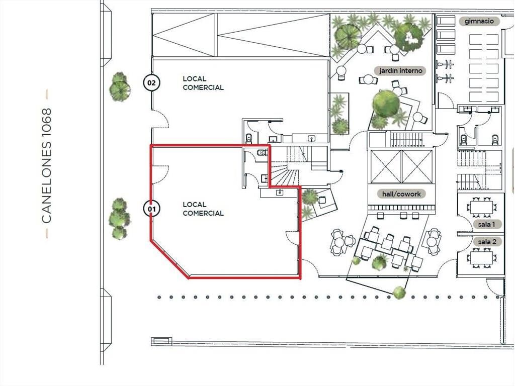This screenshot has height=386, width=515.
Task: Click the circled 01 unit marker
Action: click(x=151, y=209)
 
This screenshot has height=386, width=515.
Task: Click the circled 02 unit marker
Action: click(x=151, y=82)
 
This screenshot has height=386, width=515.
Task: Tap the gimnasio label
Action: click(x=479, y=21)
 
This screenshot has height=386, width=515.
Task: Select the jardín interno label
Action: click(x=401, y=70)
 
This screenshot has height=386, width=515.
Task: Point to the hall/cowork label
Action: click(x=401, y=194)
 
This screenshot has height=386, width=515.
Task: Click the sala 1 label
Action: click(x=486, y=225)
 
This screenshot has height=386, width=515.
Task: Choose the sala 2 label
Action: click(x=487, y=242)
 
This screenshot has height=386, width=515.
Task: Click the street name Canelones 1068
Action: click(x=47, y=166)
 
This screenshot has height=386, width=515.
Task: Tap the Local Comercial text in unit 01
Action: click(x=203, y=209)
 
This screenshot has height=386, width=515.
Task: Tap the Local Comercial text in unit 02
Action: click(x=203, y=83)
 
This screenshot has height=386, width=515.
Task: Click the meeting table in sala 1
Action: click(x=481, y=207)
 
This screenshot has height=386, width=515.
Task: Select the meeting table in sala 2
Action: click(x=481, y=257)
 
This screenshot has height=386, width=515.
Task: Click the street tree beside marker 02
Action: click(x=120, y=86)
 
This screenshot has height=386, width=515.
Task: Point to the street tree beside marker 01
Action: click(x=119, y=219)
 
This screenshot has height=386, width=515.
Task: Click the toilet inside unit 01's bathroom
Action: click(x=262, y=153)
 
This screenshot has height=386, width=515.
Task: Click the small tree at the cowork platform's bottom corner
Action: click(x=399, y=292)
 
